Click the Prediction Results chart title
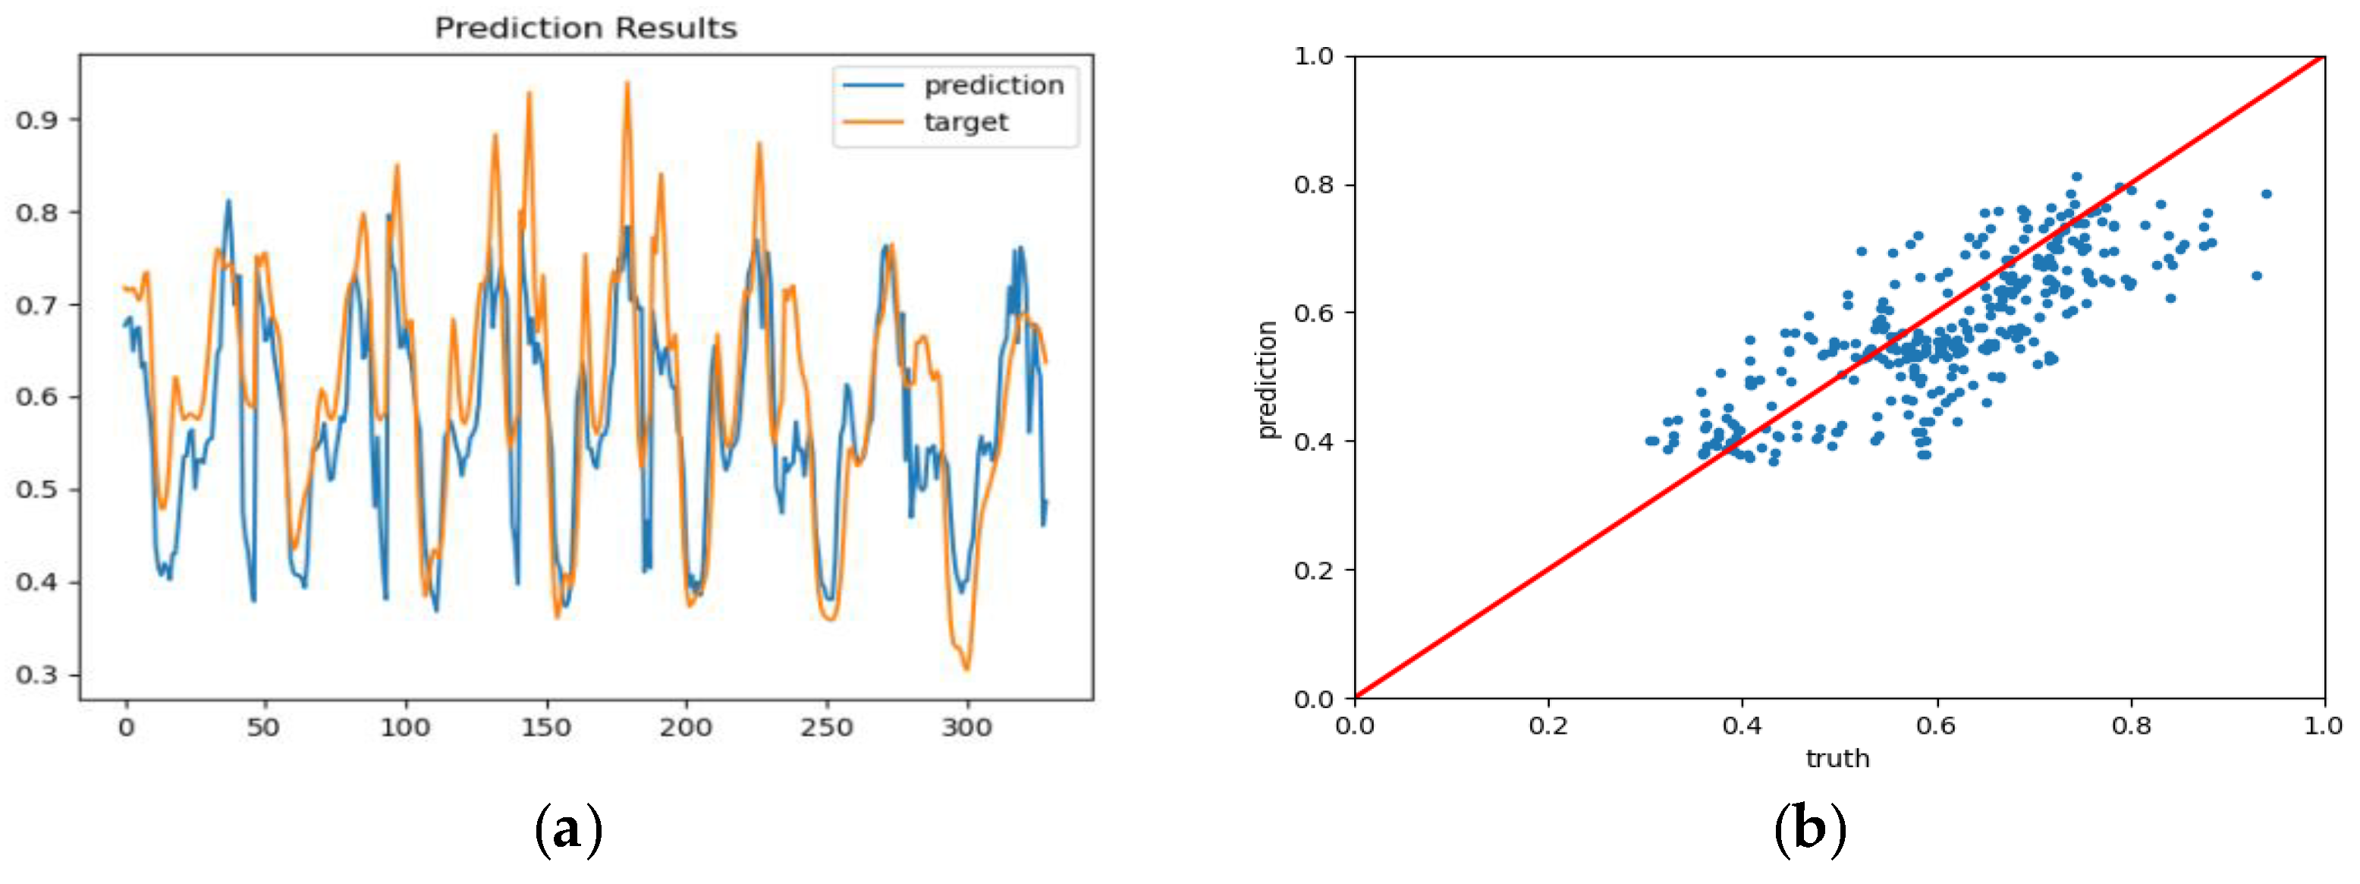point(586,27)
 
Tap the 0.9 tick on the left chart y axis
point(36,120)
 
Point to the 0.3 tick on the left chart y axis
point(36,675)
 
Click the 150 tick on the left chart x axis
point(546,728)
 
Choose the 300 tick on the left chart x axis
point(966,728)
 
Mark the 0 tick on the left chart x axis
point(127,728)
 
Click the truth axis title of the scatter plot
point(1838,759)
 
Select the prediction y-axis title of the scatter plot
point(1267,380)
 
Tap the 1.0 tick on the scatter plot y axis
point(1313,57)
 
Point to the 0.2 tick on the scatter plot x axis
point(1548,726)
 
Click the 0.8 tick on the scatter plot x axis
point(2131,726)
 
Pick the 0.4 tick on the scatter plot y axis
point(1313,442)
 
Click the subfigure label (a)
point(568,830)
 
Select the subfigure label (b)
point(1809,830)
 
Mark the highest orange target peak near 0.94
point(627,83)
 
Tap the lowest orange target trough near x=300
point(966,670)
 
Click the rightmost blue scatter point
point(2267,194)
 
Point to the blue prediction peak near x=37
point(228,200)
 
